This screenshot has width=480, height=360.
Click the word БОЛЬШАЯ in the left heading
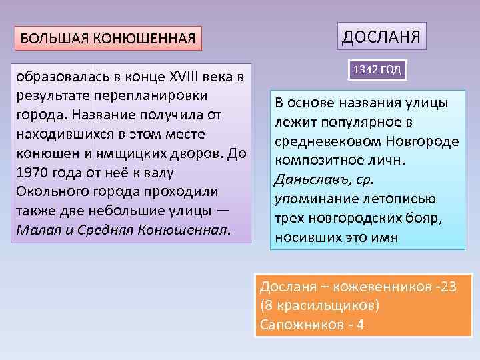click(49, 38)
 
